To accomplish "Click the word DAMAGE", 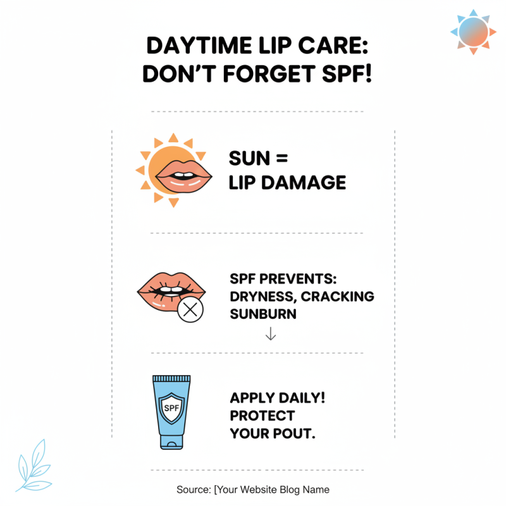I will click(x=311, y=183).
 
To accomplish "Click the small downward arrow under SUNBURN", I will click(x=271, y=333).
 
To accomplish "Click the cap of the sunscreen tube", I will click(x=171, y=443).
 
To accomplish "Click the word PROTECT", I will click(x=262, y=416).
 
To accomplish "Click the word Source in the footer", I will click(x=194, y=489).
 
